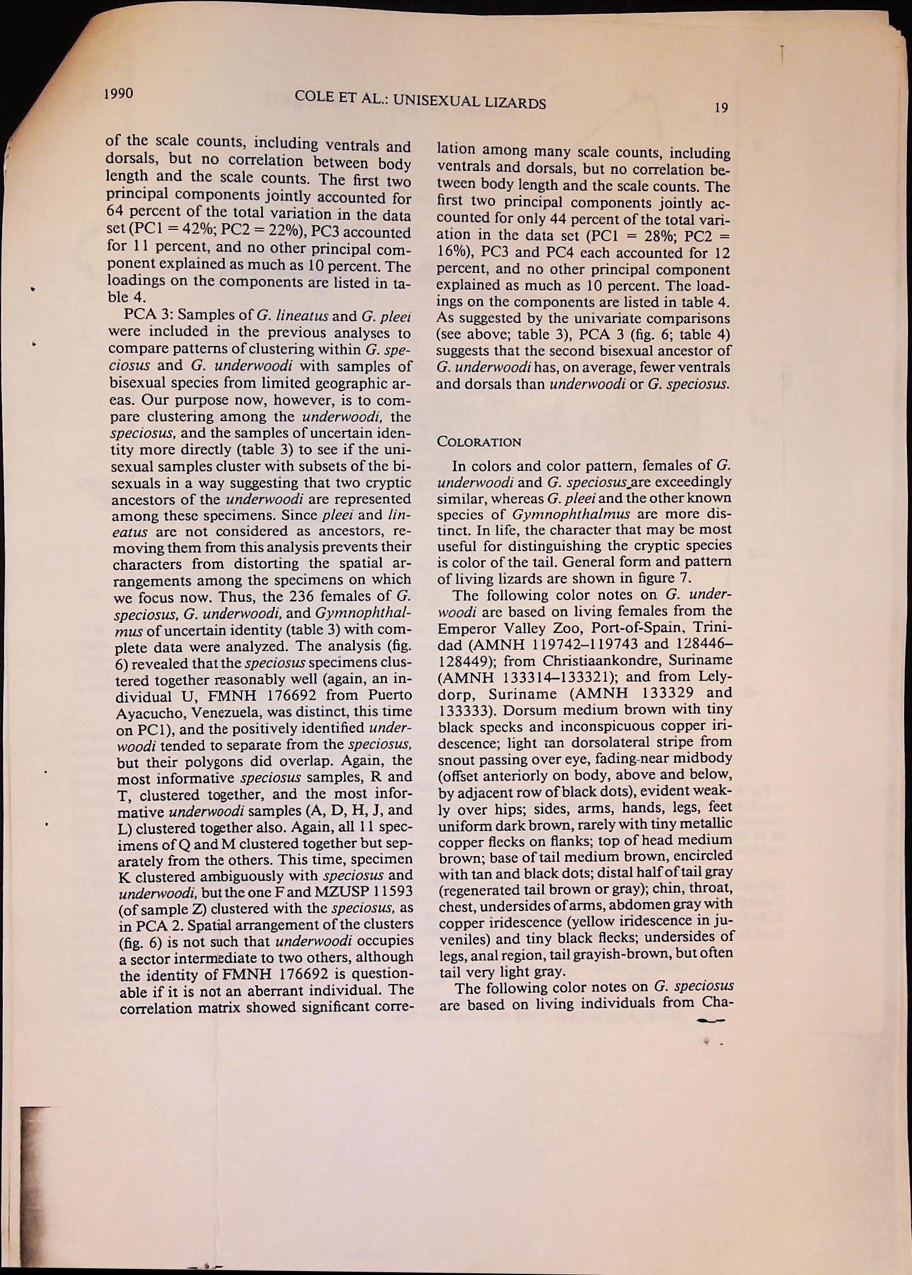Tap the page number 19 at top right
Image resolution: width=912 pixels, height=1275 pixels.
click(x=722, y=107)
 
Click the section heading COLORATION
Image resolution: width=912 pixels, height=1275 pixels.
click(x=479, y=441)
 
